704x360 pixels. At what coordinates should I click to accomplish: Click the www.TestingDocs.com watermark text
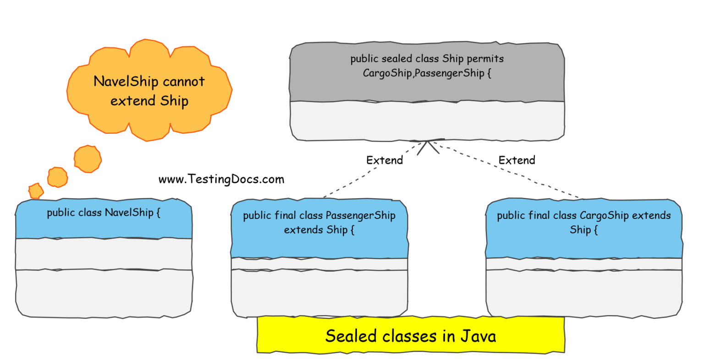[x=221, y=179]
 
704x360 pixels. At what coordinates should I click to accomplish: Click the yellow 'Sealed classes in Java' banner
[x=410, y=335]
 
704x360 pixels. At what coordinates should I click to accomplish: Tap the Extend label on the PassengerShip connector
[x=385, y=160]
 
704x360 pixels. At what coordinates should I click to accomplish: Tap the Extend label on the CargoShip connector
[x=517, y=160]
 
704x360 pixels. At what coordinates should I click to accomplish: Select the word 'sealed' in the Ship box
[x=396, y=59]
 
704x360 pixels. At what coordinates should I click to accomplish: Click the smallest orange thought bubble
[x=36, y=190]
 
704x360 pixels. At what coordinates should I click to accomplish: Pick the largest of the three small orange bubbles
[x=88, y=159]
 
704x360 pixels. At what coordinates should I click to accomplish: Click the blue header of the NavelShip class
[x=104, y=220]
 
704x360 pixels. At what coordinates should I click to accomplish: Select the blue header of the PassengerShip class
[x=319, y=229]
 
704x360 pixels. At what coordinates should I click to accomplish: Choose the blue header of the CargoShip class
[x=583, y=229]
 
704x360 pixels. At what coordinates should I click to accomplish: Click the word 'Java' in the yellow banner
[x=478, y=336]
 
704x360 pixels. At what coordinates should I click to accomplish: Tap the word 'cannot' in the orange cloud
[x=183, y=82]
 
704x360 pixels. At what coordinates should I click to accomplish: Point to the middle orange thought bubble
[x=58, y=177]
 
